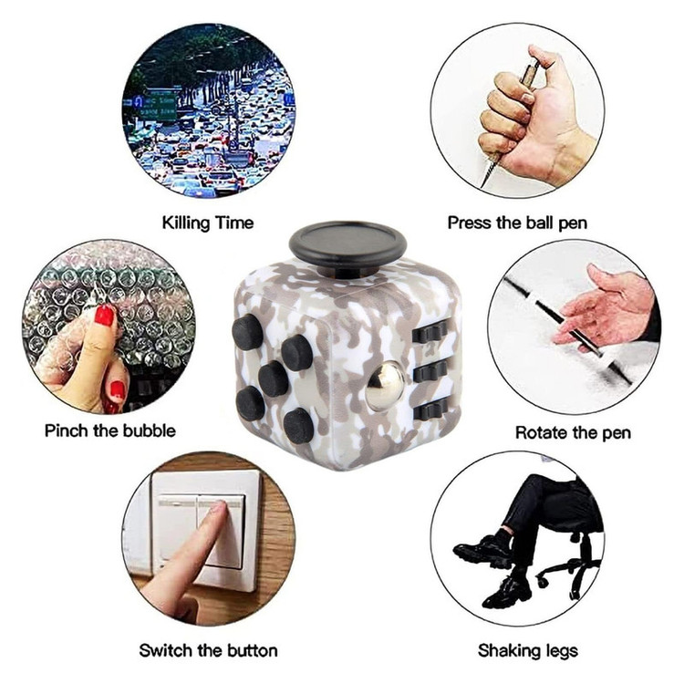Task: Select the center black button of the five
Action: (x=273, y=378)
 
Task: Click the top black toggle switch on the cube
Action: (x=430, y=332)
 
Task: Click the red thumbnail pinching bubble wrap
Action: (x=104, y=315)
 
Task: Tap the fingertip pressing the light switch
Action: (x=222, y=508)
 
